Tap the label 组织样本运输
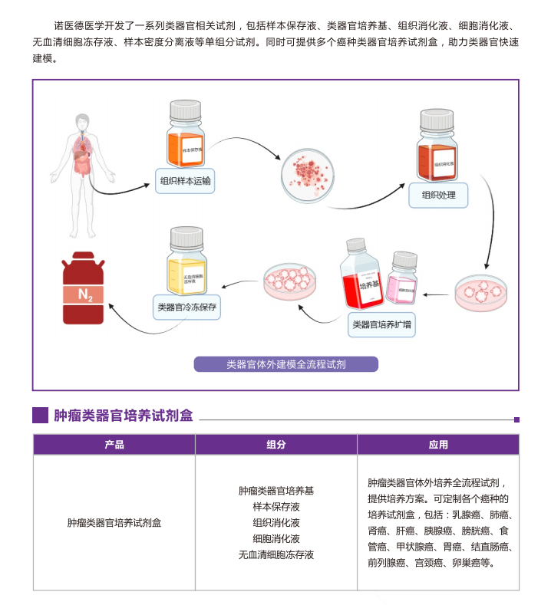(x=185, y=182)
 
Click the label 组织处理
(x=438, y=195)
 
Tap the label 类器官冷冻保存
(x=187, y=307)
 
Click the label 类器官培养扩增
(x=381, y=324)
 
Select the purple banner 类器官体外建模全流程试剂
(x=285, y=364)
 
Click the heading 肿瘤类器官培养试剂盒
(x=123, y=416)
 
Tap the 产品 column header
(x=114, y=445)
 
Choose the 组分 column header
(x=275, y=445)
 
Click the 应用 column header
(x=438, y=445)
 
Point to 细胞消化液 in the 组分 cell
(x=275, y=538)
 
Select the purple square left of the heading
(x=40, y=415)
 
